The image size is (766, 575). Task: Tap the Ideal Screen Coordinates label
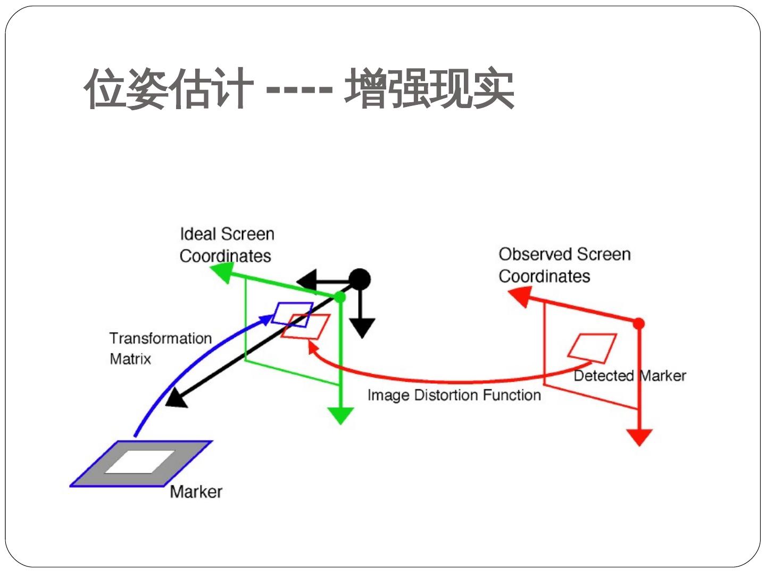[227, 245]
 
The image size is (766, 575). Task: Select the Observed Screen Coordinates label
[564, 265]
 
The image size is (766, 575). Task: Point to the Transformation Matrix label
[160, 348]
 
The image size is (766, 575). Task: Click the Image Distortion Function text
[454, 395]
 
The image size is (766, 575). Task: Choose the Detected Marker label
[629, 376]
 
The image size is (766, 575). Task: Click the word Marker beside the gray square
[196, 491]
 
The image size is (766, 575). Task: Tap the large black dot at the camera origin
[360, 279]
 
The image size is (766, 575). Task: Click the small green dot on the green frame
[340, 297]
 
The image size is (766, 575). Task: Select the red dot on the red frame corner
[639, 324]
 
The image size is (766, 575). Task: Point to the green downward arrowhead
[340, 415]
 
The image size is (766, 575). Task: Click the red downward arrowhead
[639, 437]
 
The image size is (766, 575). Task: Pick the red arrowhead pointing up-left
[520, 296]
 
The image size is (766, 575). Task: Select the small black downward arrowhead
[362, 327]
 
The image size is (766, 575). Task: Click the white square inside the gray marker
[140, 462]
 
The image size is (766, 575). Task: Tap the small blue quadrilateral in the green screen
[292, 314]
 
